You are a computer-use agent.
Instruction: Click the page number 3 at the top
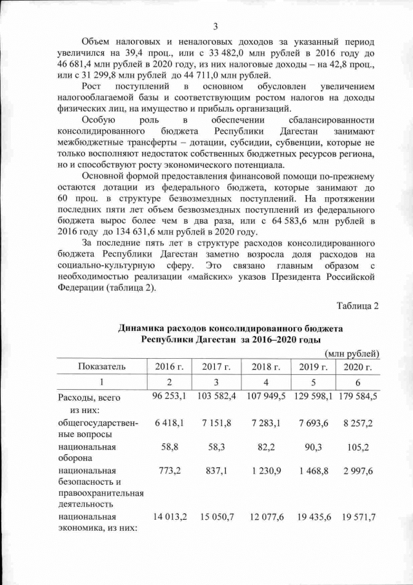point(216,26)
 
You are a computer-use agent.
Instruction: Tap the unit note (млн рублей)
point(353,353)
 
